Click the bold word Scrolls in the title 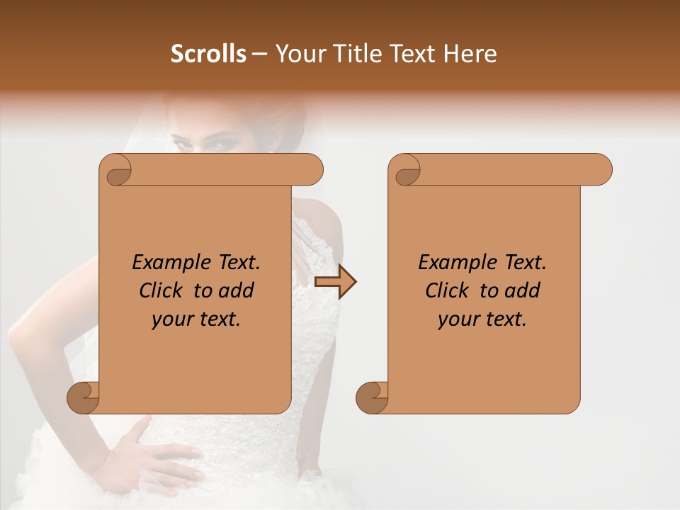pos(209,54)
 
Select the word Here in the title pos(470,54)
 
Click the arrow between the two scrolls pos(335,282)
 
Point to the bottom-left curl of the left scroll pos(82,397)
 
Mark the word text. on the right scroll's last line pos(506,319)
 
